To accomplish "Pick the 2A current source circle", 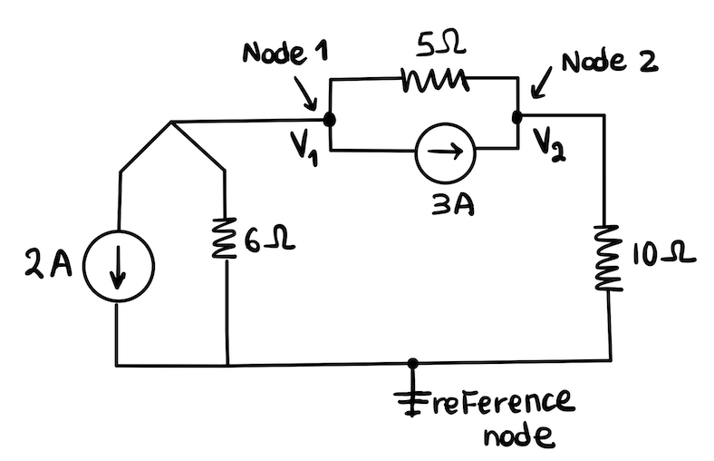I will pyautogui.click(x=119, y=270).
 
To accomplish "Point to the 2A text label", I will pyautogui.click(x=42, y=269).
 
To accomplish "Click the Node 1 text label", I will pyautogui.click(x=285, y=54).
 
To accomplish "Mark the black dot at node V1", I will pyautogui.click(x=329, y=119).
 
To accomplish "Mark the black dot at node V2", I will pyautogui.click(x=517, y=117).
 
